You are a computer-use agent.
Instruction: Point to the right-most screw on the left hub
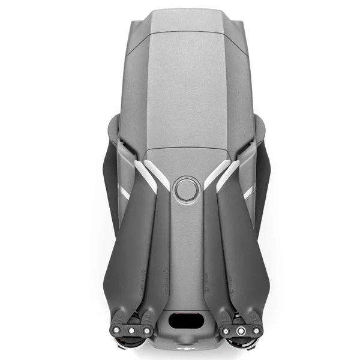tap(146, 330)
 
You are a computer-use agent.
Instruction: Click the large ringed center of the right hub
tap(240, 330)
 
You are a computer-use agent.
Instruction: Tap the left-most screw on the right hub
tap(225, 330)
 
